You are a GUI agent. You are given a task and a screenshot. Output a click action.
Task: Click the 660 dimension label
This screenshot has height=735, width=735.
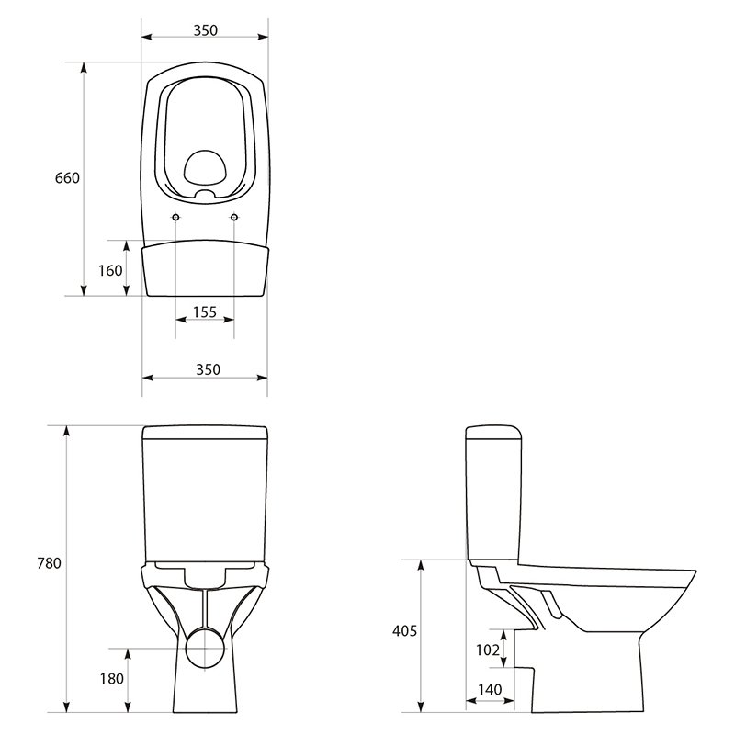coord(67,178)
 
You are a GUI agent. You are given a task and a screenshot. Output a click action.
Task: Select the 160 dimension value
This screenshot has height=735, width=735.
coord(110,270)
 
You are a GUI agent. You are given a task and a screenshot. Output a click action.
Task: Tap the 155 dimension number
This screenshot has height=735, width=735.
coord(205,311)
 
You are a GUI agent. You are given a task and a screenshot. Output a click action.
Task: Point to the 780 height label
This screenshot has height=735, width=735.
coord(50,563)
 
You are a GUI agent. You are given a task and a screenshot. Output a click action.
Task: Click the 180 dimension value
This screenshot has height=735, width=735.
coord(111,679)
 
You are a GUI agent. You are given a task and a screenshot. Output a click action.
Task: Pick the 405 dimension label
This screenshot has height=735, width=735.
coord(404,631)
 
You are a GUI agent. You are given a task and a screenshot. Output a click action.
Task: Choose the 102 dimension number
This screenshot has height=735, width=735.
coord(488,650)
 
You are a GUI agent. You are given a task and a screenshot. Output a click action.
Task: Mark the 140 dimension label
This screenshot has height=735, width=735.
coord(490,690)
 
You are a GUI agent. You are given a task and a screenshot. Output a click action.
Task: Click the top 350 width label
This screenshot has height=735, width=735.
coord(206,30)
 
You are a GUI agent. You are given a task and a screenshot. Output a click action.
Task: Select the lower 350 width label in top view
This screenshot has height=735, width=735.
coord(208,370)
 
